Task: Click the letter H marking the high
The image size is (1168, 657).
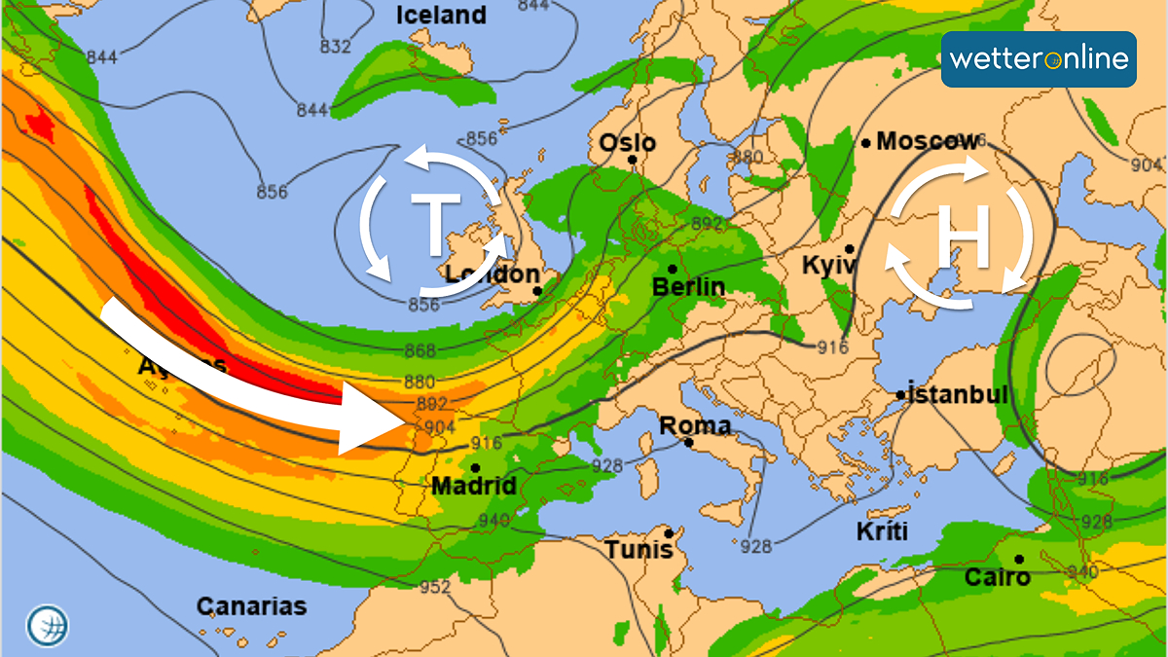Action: tap(963, 237)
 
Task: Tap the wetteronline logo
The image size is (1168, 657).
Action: tap(1039, 59)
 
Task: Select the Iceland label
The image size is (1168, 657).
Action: tap(441, 16)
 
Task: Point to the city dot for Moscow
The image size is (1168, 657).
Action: tap(865, 143)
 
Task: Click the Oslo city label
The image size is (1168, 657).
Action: tap(627, 143)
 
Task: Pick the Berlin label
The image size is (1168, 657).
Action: tap(689, 286)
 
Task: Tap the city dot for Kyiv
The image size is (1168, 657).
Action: tap(850, 250)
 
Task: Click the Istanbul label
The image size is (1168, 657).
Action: tap(958, 394)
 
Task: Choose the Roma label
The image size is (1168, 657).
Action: tap(695, 426)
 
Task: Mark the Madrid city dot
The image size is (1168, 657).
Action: tap(475, 468)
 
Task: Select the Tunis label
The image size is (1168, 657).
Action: tap(639, 549)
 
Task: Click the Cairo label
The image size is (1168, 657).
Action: tap(997, 577)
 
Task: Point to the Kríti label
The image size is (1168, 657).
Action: tap(882, 531)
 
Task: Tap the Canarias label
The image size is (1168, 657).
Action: tap(251, 606)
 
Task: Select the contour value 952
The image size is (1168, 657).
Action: tap(435, 587)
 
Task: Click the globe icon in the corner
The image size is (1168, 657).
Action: tap(46, 623)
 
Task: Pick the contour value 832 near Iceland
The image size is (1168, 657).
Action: tap(335, 46)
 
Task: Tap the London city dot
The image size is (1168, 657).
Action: tap(537, 290)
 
